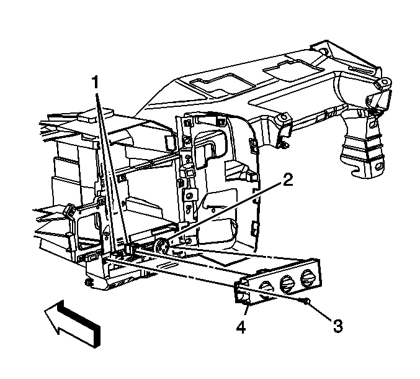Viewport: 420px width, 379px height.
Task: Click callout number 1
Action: pos(95,82)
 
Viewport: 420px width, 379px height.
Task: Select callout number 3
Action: pos(337,326)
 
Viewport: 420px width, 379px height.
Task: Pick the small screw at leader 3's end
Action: pos(306,302)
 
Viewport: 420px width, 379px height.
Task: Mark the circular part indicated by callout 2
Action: pos(162,245)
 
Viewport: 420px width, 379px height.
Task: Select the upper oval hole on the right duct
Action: pos(372,124)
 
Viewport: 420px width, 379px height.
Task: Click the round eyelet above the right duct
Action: pos(385,81)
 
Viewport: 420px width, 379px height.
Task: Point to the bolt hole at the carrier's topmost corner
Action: pos(323,50)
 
